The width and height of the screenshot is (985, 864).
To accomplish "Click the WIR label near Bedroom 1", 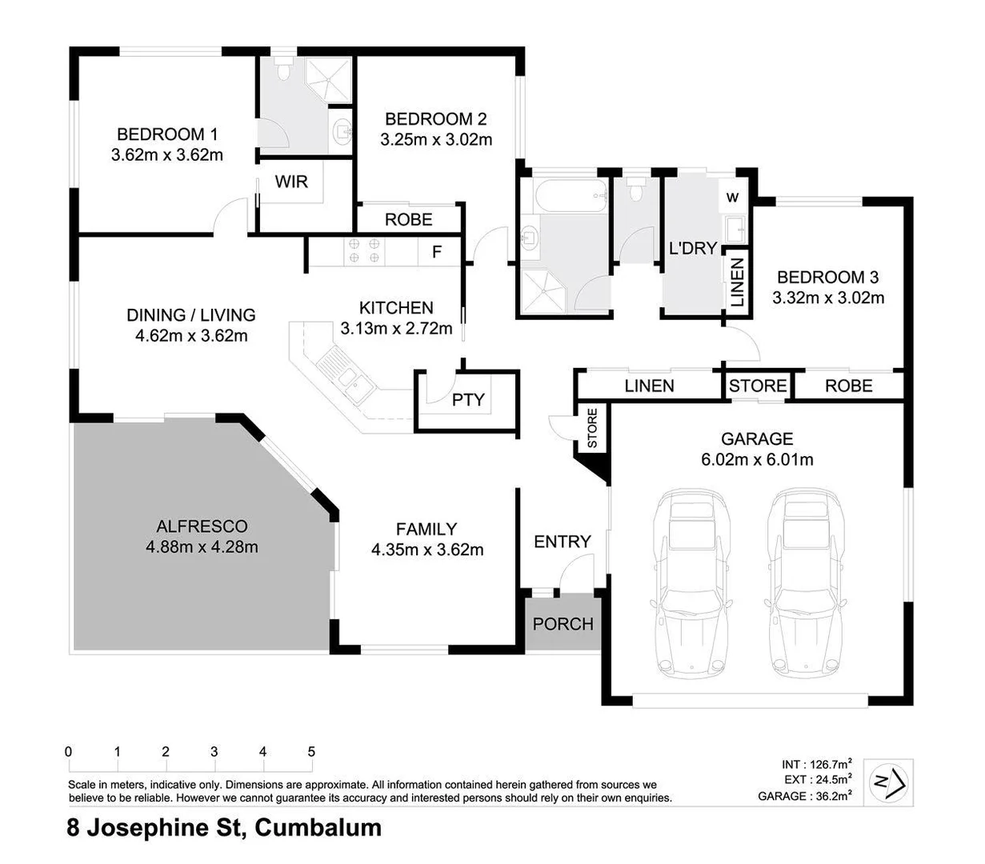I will pos(291,182).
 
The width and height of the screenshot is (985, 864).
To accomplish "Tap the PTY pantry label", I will pos(468,399).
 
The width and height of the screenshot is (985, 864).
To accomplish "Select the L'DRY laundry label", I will pos(692,248).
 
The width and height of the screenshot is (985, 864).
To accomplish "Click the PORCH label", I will pos(563,623).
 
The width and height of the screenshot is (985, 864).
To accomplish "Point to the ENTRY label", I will pos(562,542).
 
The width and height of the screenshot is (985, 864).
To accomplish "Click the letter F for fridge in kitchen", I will pos(437,252).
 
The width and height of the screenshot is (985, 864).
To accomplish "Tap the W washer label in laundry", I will pos(732,198).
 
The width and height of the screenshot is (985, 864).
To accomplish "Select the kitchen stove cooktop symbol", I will pos(363,252).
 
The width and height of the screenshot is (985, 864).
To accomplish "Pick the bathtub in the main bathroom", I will pos(563,194).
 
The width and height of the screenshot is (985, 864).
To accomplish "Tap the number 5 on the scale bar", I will pos(311,752).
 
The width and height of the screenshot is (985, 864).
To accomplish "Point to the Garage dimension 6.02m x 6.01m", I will pos(756,459).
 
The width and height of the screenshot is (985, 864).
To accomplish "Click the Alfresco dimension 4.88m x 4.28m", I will pos(202,547).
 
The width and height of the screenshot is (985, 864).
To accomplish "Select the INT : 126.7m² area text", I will pos(816,764).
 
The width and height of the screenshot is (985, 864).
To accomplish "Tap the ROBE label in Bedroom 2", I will pos(408,219).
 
